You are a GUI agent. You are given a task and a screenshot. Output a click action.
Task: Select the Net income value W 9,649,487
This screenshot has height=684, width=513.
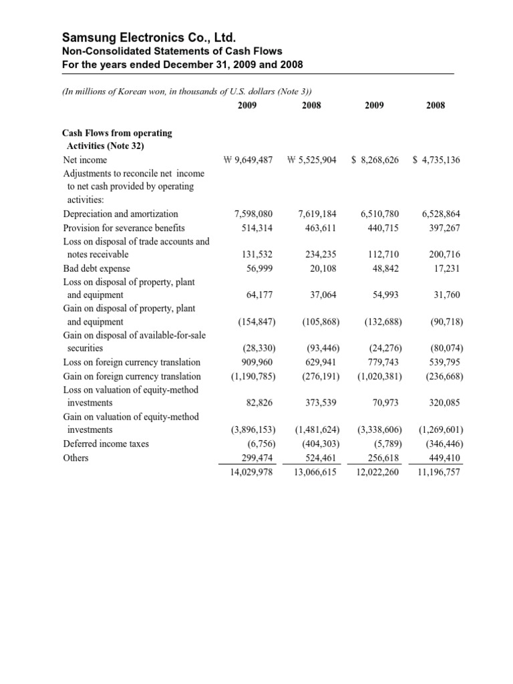[248, 160]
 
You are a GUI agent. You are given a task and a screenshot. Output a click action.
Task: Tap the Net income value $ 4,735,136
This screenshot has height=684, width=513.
[437, 160]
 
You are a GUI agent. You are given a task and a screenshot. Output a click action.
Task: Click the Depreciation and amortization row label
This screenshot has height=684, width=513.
[120, 214]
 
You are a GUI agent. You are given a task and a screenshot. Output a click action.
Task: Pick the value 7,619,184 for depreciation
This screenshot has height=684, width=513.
[317, 214]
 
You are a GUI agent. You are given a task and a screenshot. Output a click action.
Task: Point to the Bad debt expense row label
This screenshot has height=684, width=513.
[96, 268]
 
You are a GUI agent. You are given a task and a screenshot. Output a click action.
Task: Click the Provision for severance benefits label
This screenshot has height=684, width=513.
[124, 228]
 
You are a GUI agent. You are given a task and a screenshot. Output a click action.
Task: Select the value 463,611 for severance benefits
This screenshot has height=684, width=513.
[320, 228]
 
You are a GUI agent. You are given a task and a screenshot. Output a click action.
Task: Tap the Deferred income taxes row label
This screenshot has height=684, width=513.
[106, 444]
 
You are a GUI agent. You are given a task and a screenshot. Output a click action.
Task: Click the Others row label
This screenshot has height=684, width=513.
[75, 458]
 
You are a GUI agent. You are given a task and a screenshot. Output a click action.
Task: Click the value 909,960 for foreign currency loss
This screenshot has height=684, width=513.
[257, 363]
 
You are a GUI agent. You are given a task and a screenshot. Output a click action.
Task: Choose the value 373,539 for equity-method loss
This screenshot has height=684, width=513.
[320, 403]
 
